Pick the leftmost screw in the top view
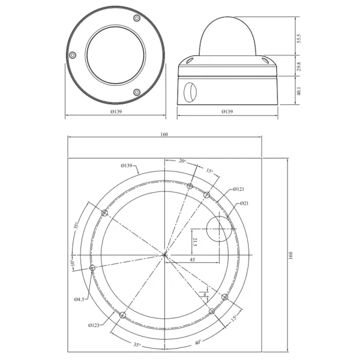73,55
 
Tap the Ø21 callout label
244,204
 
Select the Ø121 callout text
238,189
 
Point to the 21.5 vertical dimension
194,243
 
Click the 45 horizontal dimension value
191,260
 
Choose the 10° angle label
72,263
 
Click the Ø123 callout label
94,325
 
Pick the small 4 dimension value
205,295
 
